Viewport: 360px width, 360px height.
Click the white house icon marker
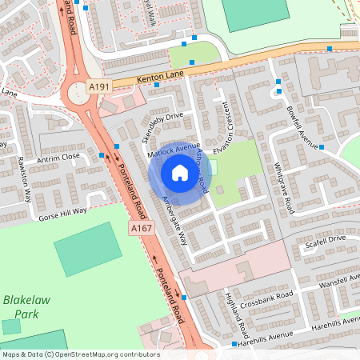pos(179,172)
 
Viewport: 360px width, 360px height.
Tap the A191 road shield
pos(99,86)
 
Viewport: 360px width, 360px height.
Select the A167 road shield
pos(142,229)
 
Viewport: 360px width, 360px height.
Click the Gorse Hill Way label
pos(62,211)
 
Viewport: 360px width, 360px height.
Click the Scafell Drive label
pos(324,239)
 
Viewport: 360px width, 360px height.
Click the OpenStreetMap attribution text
pos(80,354)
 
